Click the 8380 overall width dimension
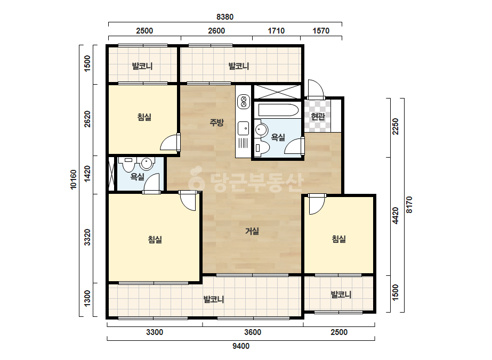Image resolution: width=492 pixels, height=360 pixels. tap(225, 17)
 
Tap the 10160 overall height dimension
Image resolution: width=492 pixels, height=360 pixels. tap(73, 179)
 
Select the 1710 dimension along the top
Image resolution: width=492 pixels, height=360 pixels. tap(276, 31)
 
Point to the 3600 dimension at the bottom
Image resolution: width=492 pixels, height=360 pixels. tap(253, 332)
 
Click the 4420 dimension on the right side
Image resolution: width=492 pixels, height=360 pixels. tap(396, 216)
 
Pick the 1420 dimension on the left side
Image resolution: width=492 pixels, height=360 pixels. tap(87, 173)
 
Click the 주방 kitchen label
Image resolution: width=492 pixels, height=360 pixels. tap(216, 122)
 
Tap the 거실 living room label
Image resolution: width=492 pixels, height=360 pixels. tap(252, 231)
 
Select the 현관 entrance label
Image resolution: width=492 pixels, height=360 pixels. tap(318, 117)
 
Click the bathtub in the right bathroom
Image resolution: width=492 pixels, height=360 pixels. tap(278, 110)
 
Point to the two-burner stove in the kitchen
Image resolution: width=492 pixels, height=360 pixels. tap(243, 101)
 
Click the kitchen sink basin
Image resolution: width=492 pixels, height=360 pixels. tap(243, 128)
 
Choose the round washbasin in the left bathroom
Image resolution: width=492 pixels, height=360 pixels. tap(147, 163)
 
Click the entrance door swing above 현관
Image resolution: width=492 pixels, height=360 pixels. tap(316, 89)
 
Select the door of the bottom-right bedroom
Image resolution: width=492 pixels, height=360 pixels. tap(316, 204)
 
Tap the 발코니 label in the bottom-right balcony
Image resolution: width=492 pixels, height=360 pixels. tap(341, 295)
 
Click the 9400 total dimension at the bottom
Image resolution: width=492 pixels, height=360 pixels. tap(241, 346)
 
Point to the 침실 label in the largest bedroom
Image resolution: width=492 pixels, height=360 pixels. tap(155, 240)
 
